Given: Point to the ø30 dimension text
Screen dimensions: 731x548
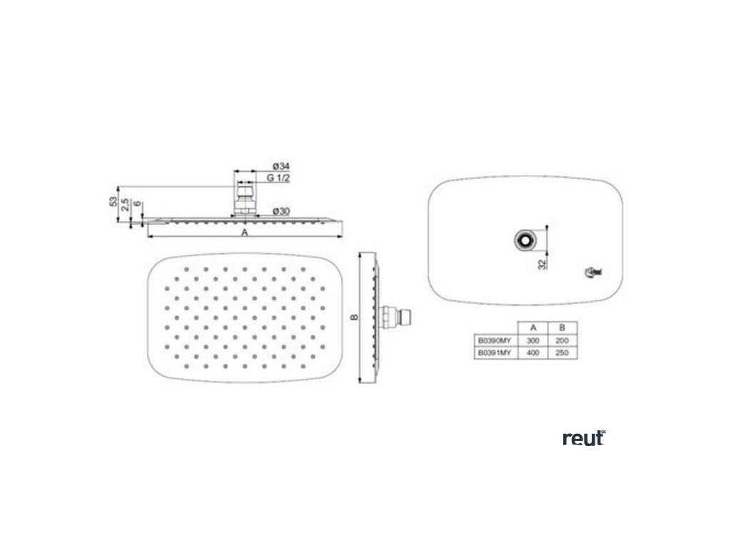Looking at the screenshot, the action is point(280,210).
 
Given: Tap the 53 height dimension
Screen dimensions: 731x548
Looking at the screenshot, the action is point(114,202).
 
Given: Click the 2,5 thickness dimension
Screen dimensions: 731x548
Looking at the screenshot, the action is point(125,205).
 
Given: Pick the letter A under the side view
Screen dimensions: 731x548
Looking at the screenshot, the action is point(244,233).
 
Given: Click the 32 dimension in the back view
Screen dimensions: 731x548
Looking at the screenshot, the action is point(543,263).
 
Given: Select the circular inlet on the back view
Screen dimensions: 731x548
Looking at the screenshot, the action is point(525,240).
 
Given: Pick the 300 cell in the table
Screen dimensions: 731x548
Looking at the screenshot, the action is point(532,341).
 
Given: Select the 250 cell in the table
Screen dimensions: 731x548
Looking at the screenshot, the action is point(562,352).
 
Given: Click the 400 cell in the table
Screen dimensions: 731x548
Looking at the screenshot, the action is point(532,352).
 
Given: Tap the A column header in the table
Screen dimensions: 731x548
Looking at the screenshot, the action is point(532,328).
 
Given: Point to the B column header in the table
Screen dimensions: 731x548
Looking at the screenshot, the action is point(562,328).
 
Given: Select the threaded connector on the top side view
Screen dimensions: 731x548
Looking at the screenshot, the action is point(244,198).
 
